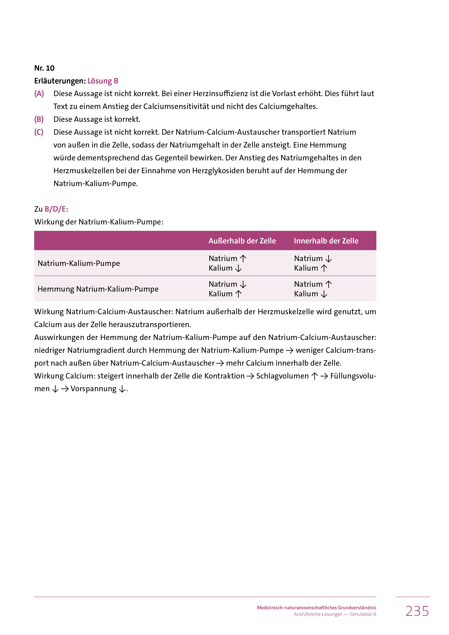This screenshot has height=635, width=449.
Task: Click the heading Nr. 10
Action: click(x=44, y=68)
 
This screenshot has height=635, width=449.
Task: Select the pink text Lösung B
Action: click(x=103, y=81)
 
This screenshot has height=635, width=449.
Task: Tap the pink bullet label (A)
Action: click(x=39, y=94)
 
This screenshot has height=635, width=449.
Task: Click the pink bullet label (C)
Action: click(x=39, y=132)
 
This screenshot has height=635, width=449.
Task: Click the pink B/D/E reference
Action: click(x=55, y=209)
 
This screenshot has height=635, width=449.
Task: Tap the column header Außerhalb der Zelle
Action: click(x=242, y=241)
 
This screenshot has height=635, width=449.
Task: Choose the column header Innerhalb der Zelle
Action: click(x=326, y=241)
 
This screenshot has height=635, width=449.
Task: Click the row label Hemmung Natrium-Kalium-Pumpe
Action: click(x=98, y=289)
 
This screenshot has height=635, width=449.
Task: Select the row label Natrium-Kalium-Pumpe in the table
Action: click(x=79, y=263)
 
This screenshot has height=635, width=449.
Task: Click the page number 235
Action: click(x=417, y=611)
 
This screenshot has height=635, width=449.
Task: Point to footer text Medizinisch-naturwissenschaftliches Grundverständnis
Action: click(x=316, y=608)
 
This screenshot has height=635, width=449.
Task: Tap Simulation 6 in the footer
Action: click(x=363, y=614)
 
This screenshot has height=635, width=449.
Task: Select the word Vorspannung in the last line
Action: click(x=93, y=389)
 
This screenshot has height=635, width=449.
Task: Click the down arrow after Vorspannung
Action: click(x=122, y=389)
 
